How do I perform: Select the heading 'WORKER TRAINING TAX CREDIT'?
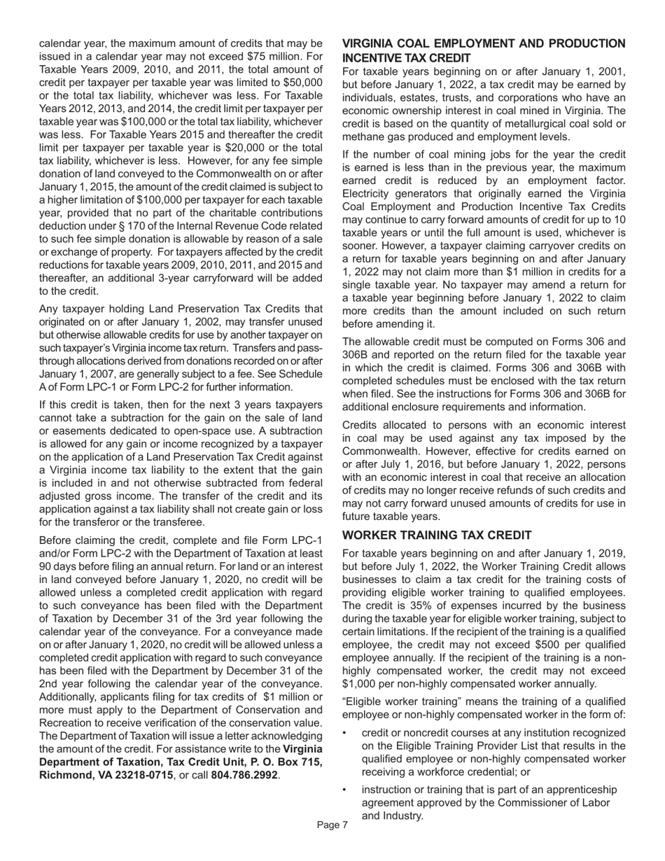pos(437,535)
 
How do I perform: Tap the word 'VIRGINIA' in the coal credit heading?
pos(372,43)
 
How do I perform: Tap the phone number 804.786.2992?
pos(244,775)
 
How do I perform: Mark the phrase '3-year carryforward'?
pos(211,278)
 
